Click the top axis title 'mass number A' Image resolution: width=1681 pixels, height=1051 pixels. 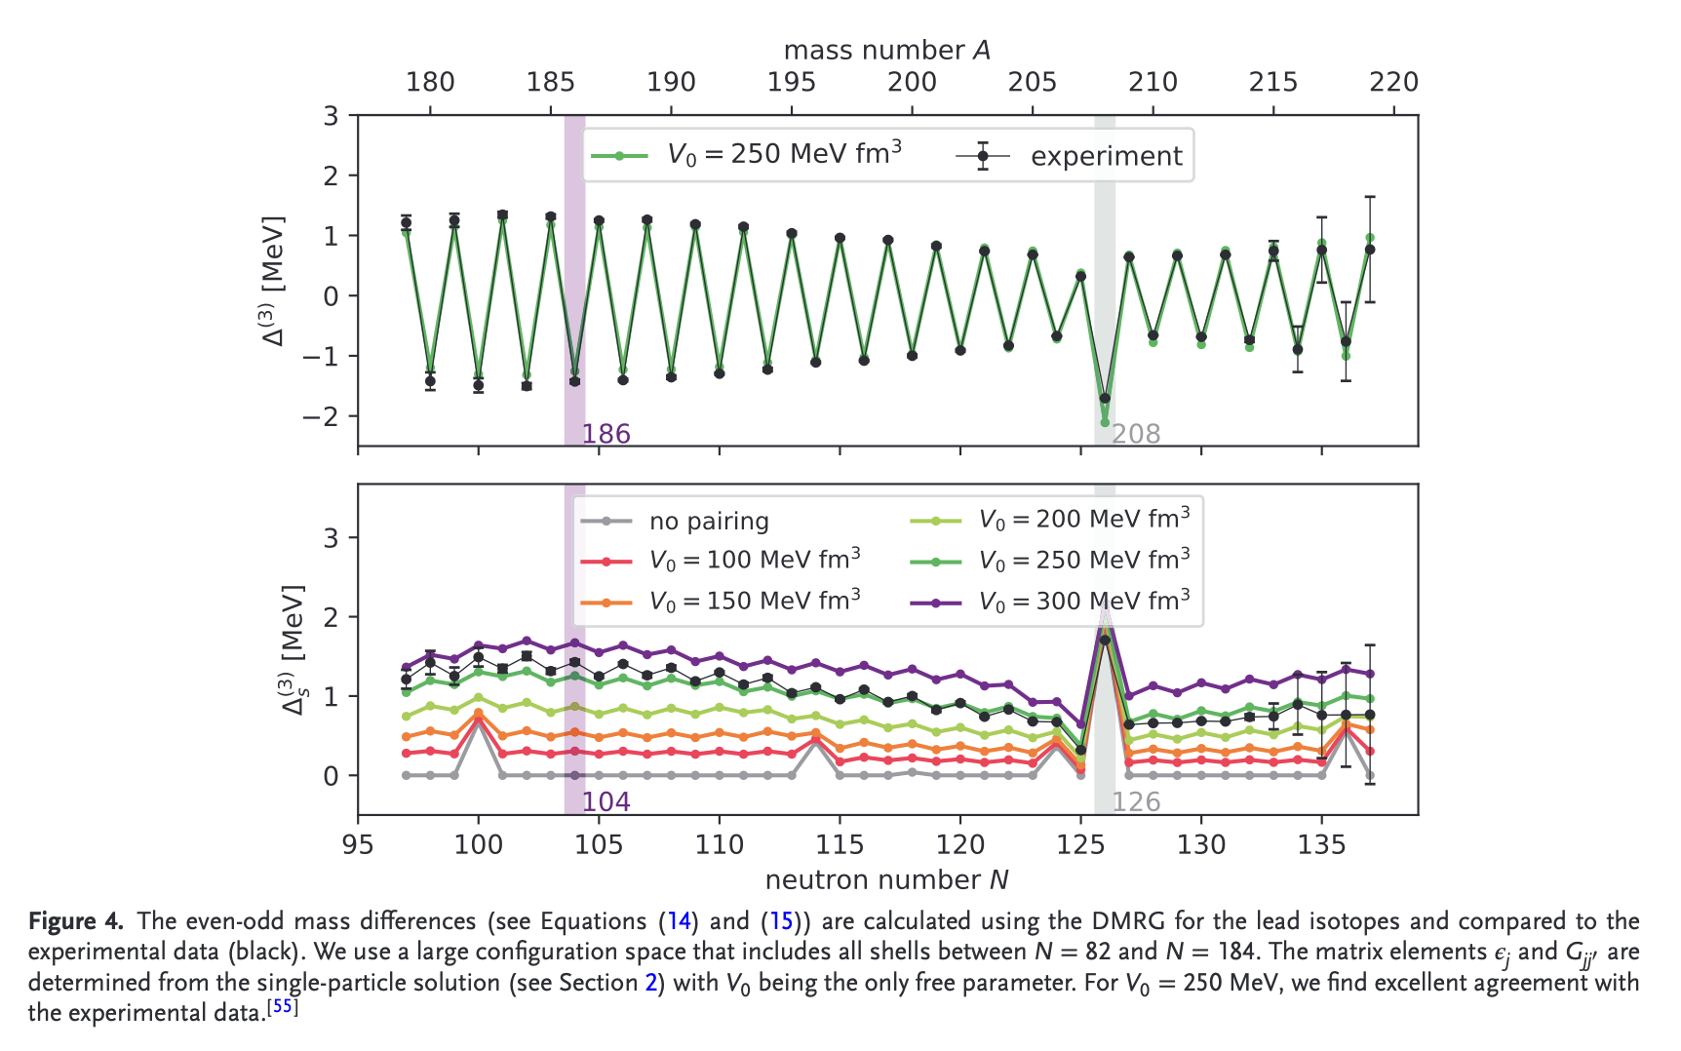(x=886, y=50)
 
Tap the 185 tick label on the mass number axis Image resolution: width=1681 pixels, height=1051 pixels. (x=551, y=82)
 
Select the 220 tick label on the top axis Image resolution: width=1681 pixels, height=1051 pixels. (x=1393, y=82)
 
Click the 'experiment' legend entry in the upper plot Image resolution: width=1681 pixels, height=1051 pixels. (x=1106, y=156)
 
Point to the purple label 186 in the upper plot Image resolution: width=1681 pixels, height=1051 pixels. (x=606, y=434)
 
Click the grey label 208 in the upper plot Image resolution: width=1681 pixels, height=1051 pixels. (x=1136, y=434)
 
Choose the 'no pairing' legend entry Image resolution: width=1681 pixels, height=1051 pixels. (x=709, y=522)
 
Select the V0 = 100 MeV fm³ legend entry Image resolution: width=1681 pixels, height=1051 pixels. (x=754, y=561)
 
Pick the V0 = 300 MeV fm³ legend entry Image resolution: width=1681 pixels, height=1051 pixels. (x=1083, y=602)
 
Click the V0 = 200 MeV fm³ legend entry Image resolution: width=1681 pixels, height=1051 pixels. (x=1083, y=520)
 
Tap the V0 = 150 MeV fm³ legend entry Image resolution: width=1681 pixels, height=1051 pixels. (x=754, y=602)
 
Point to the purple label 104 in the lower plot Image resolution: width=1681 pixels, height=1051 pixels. (x=606, y=801)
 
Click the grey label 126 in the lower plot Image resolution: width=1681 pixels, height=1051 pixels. (x=1136, y=801)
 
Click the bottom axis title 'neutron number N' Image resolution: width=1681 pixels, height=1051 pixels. (x=886, y=879)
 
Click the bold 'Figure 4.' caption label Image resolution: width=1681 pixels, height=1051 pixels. (x=76, y=921)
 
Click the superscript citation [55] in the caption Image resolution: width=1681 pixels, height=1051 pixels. (x=283, y=1007)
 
